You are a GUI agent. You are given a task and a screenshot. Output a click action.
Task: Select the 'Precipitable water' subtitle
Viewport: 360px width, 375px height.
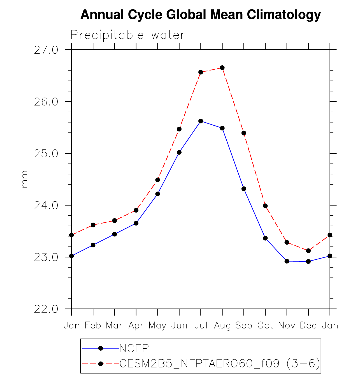coord(128,35)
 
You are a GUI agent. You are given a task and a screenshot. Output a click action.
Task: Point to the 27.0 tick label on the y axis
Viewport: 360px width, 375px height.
coord(46,50)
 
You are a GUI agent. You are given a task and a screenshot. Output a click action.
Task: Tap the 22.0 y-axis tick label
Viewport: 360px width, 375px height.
coord(46,309)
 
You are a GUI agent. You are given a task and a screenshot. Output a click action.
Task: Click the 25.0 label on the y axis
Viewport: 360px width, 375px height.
coord(46,154)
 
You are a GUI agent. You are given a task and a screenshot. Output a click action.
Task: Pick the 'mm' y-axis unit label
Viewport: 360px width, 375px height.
coord(25,179)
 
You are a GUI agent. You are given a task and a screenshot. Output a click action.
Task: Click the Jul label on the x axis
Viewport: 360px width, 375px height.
coord(201,325)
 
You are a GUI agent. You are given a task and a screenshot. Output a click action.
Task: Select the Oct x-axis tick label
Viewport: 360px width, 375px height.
coord(265,325)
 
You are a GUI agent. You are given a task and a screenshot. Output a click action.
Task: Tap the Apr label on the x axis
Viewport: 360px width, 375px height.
coord(136,326)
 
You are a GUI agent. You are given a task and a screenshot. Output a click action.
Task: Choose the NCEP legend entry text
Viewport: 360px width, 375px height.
coord(134,348)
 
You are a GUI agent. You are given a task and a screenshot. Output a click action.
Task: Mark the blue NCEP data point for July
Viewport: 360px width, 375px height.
coord(201,121)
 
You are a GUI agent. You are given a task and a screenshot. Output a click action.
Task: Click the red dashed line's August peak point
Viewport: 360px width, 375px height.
coord(222,68)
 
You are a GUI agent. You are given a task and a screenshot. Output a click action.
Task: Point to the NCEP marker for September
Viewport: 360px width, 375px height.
coord(244,189)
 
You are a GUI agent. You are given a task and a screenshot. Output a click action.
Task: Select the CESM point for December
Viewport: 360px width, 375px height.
coord(308,251)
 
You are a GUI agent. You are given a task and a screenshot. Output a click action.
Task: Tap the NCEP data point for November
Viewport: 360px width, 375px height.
coord(287,261)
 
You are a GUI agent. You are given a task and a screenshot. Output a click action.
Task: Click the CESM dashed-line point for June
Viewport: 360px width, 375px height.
coord(179,129)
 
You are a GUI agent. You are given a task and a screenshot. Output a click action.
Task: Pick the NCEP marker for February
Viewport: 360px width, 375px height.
coord(93,245)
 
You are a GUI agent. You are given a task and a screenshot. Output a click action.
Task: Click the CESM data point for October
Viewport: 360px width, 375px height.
coord(265,206)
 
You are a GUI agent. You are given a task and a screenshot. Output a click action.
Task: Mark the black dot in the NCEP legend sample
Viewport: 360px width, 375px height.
coord(101,348)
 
